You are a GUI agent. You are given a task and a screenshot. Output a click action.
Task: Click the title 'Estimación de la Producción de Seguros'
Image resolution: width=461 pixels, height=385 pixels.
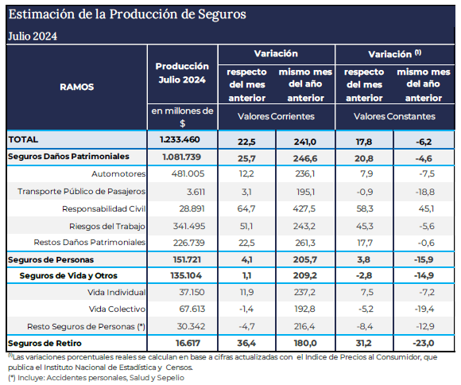tap(127, 14)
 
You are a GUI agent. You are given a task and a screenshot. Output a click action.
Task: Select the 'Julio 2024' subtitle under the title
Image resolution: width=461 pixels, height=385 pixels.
tap(33, 37)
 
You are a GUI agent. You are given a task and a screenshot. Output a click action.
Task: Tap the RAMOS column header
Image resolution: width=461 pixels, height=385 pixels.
tap(77, 87)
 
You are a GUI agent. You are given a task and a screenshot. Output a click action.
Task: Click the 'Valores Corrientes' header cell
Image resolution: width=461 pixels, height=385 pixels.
tap(276, 116)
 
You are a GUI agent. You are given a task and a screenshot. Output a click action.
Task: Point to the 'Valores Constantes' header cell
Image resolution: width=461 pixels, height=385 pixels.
tap(394, 116)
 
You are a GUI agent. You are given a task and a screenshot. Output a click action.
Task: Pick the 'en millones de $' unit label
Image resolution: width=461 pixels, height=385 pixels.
tap(182, 117)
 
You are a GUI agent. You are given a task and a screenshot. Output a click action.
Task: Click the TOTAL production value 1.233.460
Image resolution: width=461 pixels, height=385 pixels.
tap(180, 139)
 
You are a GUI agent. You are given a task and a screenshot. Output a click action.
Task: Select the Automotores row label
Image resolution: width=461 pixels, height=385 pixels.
tap(118, 173)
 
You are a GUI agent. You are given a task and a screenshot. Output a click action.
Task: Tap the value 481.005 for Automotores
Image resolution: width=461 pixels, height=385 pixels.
tap(188, 173)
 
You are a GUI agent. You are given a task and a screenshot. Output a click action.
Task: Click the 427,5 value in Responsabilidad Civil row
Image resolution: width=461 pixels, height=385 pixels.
tap(304, 208)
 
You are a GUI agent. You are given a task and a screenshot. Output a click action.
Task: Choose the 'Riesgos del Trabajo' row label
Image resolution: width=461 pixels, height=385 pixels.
tap(107, 226)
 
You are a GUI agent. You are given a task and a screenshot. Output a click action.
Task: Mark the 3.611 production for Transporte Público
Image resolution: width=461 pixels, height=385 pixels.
tap(196, 192)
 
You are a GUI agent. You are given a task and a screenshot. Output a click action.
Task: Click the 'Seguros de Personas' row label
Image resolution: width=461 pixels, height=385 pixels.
tap(51, 259)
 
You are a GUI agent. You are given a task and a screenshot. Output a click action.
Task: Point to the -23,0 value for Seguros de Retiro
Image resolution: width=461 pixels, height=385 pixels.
tap(424, 343)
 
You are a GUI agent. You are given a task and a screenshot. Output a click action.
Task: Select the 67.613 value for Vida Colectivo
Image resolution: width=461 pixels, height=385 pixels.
tap(192, 309)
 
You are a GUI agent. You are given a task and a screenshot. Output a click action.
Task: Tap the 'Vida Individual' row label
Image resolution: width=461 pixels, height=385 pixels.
tap(116, 292)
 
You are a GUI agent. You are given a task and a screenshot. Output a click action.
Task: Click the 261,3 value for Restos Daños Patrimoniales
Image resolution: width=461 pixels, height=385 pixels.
tap(305, 243)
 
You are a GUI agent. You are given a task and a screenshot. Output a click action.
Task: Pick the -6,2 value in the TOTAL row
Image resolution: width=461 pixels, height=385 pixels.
tap(424, 142)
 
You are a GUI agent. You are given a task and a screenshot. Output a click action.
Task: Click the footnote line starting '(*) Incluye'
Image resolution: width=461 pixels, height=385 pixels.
tap(96, 378)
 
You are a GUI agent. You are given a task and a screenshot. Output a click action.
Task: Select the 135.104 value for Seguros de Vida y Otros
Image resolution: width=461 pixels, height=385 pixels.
tap(186, 275)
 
